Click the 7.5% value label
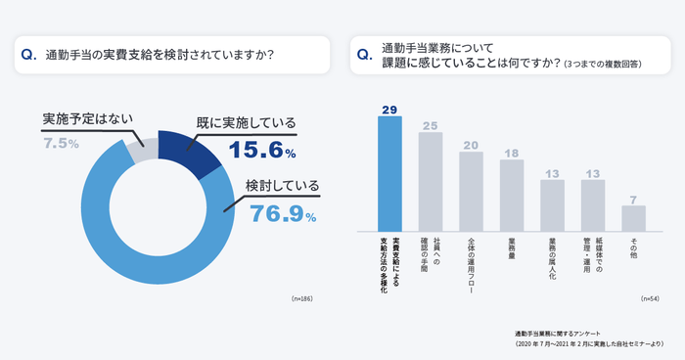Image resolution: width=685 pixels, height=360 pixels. (61, 143)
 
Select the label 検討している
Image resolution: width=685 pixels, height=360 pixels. (282, 185)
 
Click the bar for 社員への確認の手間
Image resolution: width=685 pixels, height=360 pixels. (431, 181)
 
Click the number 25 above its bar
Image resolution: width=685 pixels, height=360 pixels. (431, 125)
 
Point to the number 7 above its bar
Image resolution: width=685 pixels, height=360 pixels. (633, 199)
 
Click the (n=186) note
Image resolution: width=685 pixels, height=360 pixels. (304, 296)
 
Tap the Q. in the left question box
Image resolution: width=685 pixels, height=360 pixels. (28, 55)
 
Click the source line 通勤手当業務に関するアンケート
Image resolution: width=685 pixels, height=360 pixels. (561, 334)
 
